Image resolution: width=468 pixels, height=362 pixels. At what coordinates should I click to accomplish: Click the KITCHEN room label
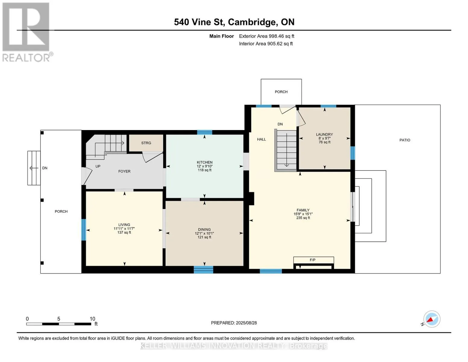[204, 162]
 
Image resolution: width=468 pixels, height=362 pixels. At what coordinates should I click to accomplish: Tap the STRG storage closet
[146, 143]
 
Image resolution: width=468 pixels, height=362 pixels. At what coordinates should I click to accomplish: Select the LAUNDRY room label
[324, 134]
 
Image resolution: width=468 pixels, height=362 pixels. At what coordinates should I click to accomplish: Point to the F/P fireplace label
[313, 260]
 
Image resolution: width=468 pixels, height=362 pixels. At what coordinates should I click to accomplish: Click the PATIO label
[405, 140]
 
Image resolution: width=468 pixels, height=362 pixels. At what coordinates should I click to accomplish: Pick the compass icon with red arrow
[432, 319]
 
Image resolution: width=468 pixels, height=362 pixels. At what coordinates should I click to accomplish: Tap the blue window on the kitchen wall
[205, 132]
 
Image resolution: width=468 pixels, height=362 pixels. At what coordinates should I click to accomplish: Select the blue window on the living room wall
[83, 230]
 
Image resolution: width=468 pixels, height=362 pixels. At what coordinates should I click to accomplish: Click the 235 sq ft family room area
[303, 218]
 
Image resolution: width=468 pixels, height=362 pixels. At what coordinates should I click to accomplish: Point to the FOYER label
[124, 171]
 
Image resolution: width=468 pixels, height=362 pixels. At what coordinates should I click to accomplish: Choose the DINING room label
[204, 230]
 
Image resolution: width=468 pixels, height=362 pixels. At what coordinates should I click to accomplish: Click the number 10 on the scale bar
[93, 319]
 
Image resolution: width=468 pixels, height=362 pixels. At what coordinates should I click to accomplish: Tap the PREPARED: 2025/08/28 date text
[234, 323]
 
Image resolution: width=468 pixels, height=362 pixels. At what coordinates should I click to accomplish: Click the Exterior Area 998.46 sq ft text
[267, 36]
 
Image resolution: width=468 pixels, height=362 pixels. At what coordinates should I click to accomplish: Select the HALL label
[262, 139]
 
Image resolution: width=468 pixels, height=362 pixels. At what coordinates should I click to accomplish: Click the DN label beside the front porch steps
[45, 168]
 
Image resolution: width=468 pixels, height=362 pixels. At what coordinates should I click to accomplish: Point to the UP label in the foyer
[98, 167]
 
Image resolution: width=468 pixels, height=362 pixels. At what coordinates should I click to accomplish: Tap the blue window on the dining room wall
[203, 270]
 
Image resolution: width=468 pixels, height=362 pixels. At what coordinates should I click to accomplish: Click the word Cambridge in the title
[252, 22]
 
